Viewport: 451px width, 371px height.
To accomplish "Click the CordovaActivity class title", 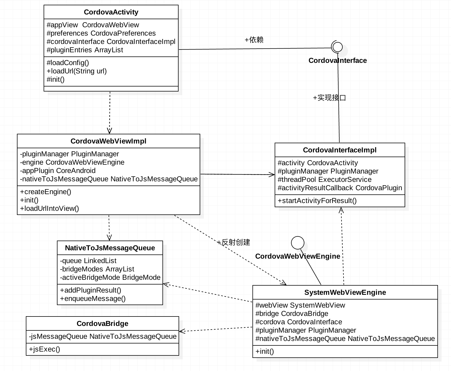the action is (111, 12).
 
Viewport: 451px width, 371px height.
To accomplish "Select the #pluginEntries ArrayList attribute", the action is (85, 50).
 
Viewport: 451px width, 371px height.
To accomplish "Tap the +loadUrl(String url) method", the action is (77, 71).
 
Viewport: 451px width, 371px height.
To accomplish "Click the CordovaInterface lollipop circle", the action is (337, 47).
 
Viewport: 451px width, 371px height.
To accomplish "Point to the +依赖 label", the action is (254, 40).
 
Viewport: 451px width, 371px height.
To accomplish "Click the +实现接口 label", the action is (329, 98).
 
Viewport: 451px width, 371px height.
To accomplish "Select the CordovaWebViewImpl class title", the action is (108, 141).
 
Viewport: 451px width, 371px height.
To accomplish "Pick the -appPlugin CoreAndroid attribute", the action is (58, 171).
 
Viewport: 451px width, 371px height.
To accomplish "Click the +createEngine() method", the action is (46, 192).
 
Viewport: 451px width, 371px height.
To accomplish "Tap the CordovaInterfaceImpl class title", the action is (340, 150).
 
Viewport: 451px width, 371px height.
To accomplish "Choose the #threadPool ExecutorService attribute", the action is (325, 180).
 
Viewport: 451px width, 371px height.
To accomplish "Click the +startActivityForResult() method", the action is (317, 201).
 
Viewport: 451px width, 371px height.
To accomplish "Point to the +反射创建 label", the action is (234, 242).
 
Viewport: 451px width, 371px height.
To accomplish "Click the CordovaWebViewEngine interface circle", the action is (298, 243).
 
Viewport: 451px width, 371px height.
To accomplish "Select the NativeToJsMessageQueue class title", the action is (110, 248).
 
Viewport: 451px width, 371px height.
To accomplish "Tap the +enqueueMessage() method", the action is (93, 299).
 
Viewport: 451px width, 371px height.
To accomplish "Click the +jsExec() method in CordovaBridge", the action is (44, 349).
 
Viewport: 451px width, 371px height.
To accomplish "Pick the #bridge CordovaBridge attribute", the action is (292, 314).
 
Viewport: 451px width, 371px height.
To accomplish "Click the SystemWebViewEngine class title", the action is (345, 293).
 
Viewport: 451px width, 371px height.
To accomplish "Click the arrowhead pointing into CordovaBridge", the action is (182, 331).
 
